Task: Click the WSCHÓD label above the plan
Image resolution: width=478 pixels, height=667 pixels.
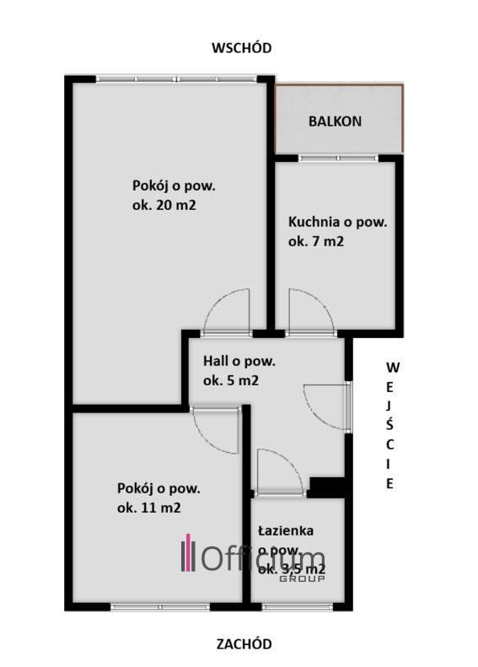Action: [242, 47]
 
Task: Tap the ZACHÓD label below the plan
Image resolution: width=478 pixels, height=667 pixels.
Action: [244, 644]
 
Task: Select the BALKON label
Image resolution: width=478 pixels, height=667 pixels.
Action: [336, 121]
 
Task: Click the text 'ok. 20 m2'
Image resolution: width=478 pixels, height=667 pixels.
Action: [164, 206]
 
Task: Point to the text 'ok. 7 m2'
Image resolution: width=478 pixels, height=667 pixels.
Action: [316, 242]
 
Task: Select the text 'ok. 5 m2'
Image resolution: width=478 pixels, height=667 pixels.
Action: [231, 380]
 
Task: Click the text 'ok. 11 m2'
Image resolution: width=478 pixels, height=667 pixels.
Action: [149, 508]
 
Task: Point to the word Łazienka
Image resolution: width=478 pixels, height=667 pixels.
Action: [286, 531]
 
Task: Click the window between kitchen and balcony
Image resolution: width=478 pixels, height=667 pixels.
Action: [338, 159]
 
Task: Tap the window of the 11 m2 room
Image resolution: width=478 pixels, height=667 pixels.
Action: [160, 607]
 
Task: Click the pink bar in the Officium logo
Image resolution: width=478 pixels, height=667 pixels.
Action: [188, 552]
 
